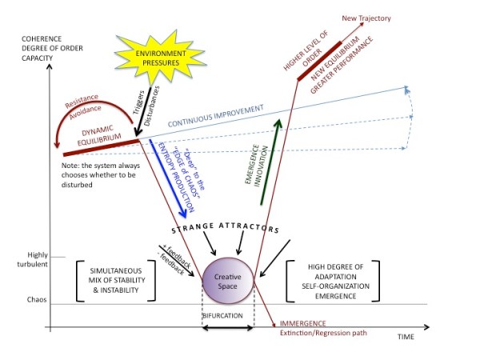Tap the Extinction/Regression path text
click(x=324, y=334)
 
